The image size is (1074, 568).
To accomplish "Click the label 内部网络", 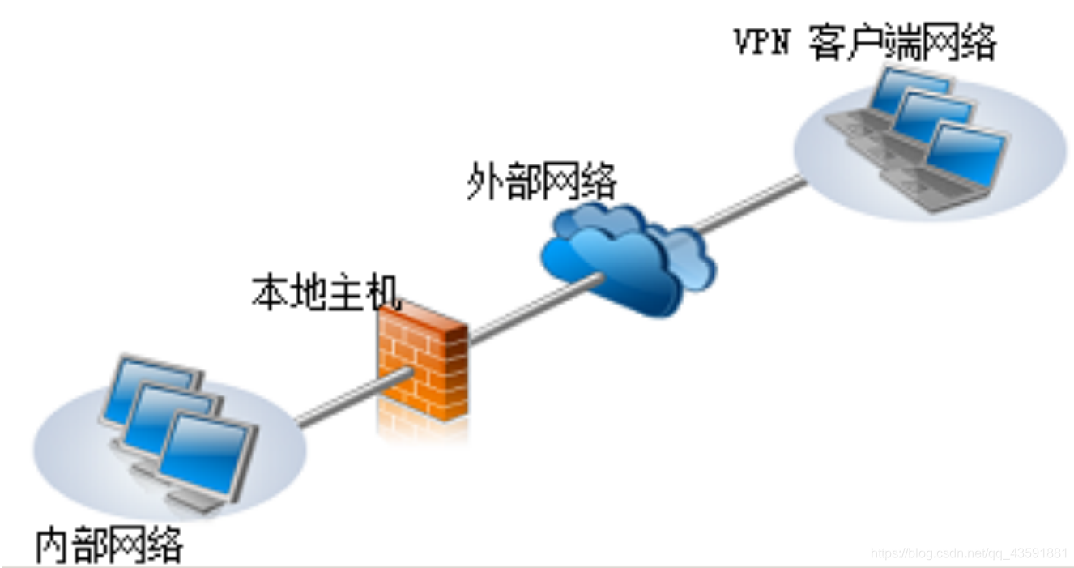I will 109,545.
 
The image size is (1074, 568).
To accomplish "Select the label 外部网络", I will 541,182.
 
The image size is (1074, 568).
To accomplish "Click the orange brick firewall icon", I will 423,361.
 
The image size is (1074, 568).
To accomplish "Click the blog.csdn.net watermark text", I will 968,553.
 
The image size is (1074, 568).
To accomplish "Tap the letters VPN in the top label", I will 761,43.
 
